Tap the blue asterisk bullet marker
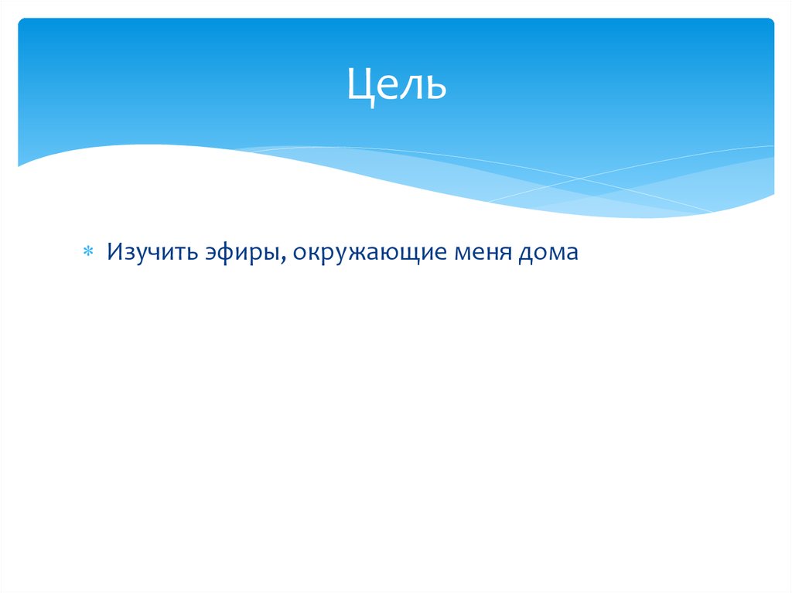[x=88, y=253]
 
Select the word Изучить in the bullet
[x=152, y=253]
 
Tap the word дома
[x=550, y=253]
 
